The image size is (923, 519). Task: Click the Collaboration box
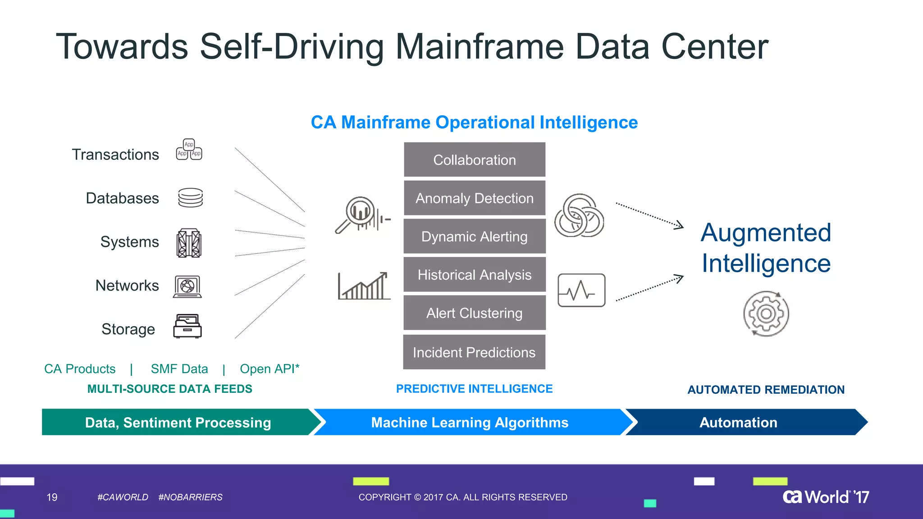tap(474, 160)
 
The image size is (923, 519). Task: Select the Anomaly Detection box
tap(474, 198)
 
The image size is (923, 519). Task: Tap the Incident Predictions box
tap(474, 352)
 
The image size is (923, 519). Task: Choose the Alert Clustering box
tap(474, 313)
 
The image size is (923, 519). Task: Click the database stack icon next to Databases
tap(190, 198)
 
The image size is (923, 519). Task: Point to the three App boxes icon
tap(189, 150)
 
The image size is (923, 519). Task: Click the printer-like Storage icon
tap(187, 326)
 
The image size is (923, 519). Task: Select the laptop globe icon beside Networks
tap(187, 287)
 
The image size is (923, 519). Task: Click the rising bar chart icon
tap(364, 287)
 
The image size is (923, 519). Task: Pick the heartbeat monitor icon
tap(581, 291)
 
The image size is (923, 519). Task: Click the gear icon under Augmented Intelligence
tap(766, 314)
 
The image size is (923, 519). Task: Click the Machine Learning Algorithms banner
tap(470, 423)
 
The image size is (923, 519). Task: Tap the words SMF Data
tap(179, 369)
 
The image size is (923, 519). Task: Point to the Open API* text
tap(270, 369)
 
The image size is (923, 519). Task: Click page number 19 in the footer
tap(52, 497)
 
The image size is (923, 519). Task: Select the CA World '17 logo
tap(826, 497)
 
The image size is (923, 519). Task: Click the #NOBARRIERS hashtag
tap(190, 497)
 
